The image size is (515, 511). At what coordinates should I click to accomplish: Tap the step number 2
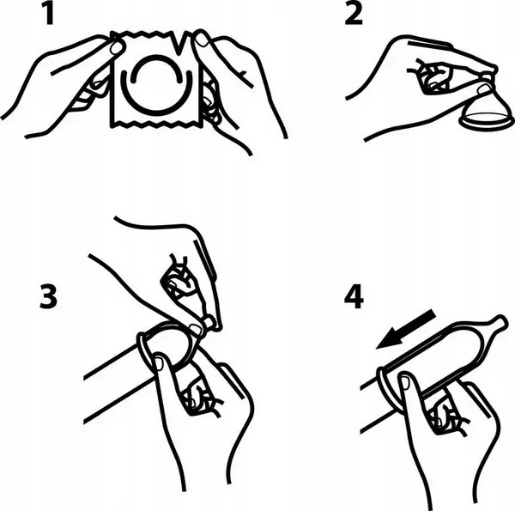[x=354, y=13]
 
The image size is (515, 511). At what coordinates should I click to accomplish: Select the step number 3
[x=48, y=296]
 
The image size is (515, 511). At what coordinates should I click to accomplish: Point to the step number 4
[x=354, y=296]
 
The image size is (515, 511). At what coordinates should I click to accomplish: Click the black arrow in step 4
[x=406, y=329]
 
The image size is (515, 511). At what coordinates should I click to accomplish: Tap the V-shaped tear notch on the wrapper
[x=179, y=42]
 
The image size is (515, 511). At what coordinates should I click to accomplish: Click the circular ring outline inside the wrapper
[x=156, y=86]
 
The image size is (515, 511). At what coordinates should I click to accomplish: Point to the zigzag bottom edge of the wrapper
[x=157, y=125]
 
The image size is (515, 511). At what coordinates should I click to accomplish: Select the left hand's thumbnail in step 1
[x=116, y=48]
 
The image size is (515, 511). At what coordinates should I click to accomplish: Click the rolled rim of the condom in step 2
[x=487, y=123]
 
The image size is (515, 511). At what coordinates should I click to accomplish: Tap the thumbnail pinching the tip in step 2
[x=483, y=89]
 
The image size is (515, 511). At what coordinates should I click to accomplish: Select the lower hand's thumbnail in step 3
[x=160, y=363]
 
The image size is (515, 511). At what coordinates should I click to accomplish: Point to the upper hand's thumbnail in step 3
[x=195, y=329]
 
